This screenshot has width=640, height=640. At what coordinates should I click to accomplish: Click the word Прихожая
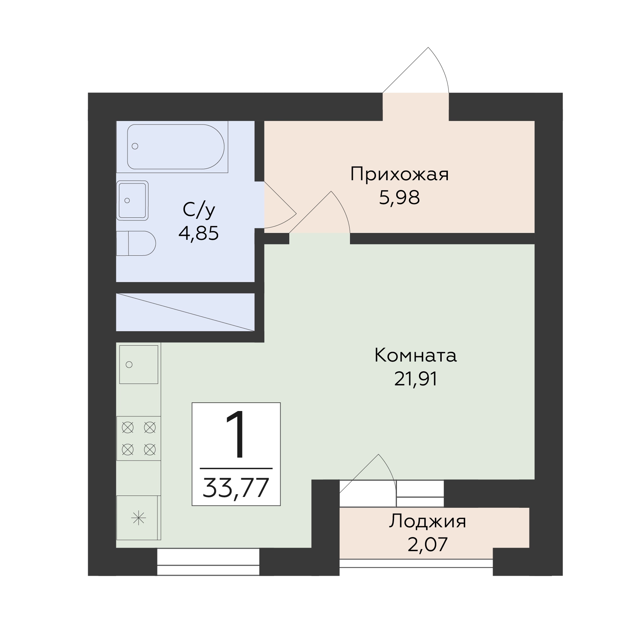[399, 174]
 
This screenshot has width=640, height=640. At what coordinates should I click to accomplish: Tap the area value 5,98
[399, 198]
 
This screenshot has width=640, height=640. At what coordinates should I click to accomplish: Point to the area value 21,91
[416, 379]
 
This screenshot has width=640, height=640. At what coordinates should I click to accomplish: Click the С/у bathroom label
[199, 210]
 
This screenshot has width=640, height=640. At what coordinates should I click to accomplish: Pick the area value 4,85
[199, 233]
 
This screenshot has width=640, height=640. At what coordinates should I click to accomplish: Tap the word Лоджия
[428, 522]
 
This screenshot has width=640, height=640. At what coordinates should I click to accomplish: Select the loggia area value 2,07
[428, 545]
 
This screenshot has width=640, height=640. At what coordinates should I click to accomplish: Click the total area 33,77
[236, 488]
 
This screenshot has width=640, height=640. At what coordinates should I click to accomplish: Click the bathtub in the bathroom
[176, 147]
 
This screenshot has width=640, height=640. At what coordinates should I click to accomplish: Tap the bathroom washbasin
[132, 200]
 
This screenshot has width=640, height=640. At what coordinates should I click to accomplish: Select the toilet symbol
[136, 243]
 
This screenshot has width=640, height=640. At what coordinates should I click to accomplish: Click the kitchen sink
[139, 364]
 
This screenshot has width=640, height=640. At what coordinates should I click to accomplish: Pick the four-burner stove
[139, 438]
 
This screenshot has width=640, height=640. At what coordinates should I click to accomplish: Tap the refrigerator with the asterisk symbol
[139, 518]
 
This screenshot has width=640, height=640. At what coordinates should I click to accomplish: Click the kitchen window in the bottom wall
[208, 562]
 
